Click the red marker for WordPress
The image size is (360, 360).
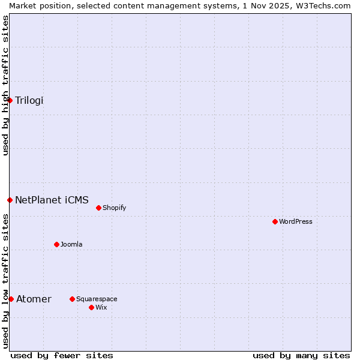click(x=275, y=221)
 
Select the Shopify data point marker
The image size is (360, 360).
click(x=98, y=208)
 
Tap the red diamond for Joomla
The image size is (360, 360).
click(x=56, y=244)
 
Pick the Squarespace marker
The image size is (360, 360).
click(x=72, y=299)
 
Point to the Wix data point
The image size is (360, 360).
click(x=91, y=307)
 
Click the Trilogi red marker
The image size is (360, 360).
click(x=10, y=100)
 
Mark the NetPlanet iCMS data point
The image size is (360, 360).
click(x=10, y=200)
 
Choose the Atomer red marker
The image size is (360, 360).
click(x=11, y=299)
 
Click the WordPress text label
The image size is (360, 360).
click(x=295, y=221)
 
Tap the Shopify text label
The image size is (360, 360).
click(x=114, y=208)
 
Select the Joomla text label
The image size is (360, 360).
click(x=71, y=244)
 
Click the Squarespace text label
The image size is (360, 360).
click(x=97, y=299)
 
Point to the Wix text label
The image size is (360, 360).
click(x=101, y=307)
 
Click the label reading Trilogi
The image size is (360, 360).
click(x=29, y=100)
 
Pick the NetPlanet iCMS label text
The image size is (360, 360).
click(x=52, y=200)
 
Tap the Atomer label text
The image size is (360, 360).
click(x=34, y=299)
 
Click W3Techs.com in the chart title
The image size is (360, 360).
click(x=323, y=5)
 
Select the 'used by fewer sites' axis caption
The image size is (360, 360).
click(x=62, y=355)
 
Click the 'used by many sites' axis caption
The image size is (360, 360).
click(x=301, y=355)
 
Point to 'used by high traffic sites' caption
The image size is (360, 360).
click(x=5, y=85)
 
